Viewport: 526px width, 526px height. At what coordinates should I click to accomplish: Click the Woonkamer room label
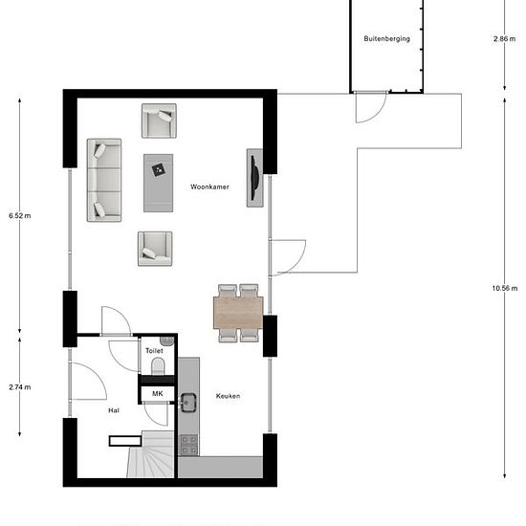[x=209, y=186]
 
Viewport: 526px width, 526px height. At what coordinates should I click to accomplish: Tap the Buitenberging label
[x=386, y=38]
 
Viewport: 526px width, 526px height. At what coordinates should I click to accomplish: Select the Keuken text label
[x=229, y=396]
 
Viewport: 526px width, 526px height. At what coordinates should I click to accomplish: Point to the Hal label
[x=114, y=410]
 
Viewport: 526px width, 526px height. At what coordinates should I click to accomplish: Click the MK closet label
[x=158, y=393]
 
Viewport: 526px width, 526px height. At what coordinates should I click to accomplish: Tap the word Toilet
[x=154, y=351]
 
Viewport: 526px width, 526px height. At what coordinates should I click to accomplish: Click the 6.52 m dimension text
[x=20, y=216]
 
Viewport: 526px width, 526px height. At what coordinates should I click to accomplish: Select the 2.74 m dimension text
[x=20, y=387]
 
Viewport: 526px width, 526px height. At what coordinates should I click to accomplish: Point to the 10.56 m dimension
[x=505, y=288]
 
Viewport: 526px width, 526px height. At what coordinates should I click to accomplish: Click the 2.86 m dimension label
[x=505, y=39]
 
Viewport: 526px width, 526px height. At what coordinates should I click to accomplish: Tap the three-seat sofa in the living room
[x=104, y=180]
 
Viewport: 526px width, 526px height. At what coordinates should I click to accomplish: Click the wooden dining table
[x=238, y=313]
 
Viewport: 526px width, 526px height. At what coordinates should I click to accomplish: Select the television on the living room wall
[x=255, y=178]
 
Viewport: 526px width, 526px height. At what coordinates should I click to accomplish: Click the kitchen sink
[x=188, y=403]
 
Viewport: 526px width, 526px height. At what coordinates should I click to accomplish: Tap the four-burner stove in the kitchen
[x=189, y=445]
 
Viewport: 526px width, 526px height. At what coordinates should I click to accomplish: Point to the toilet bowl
[x=158, y=366]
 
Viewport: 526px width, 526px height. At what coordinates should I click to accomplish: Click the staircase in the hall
[x=151, y=454]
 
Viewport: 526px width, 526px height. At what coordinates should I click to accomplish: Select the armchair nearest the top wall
[x=159, y=121]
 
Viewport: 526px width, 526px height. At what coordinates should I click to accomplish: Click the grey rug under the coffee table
[x=159, y=184]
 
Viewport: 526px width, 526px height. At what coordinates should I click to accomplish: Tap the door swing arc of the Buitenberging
[x=378, y=115]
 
